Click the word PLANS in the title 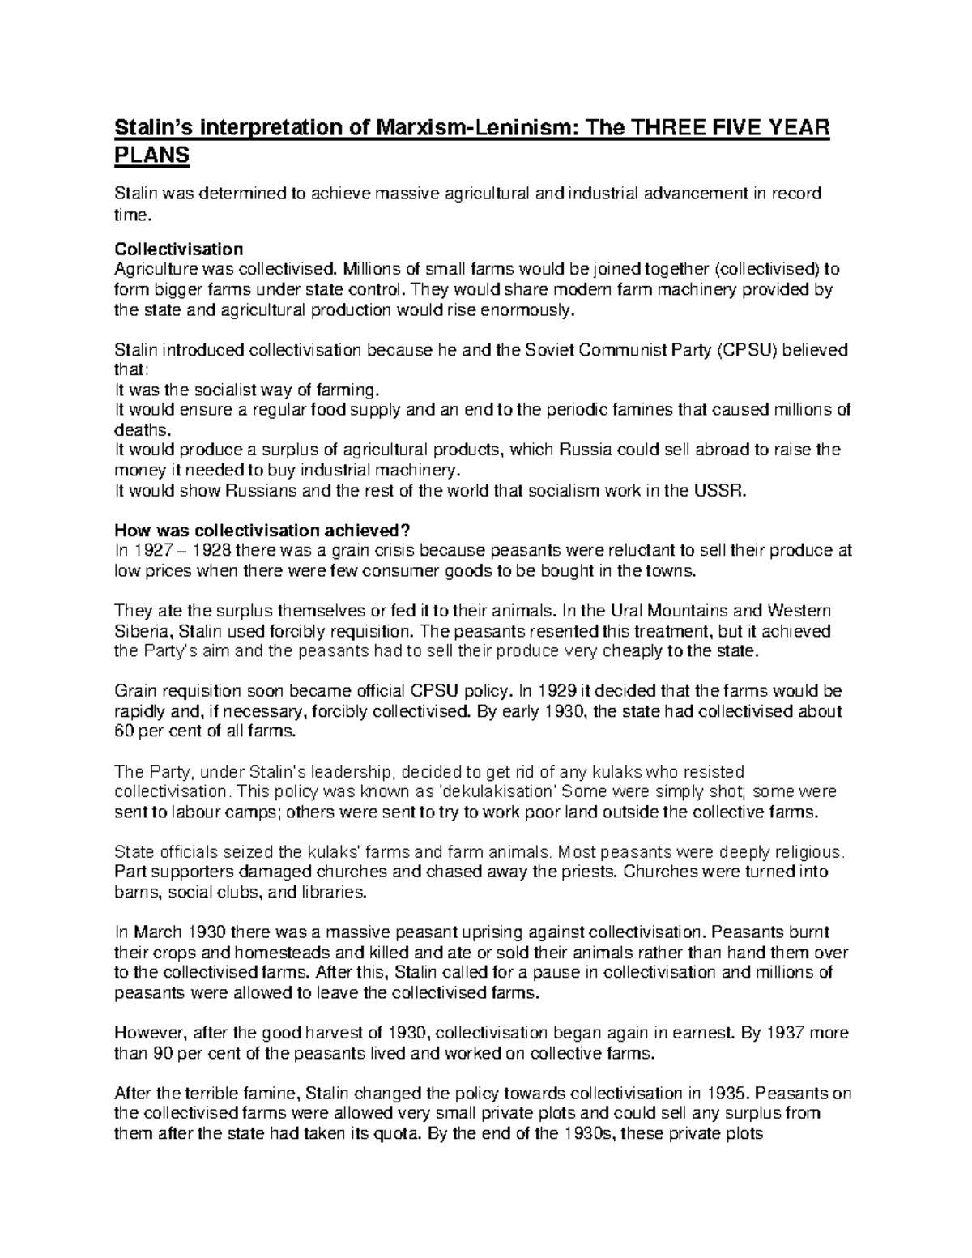point(151,155)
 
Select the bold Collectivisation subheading point(179,249)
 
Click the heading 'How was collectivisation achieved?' point(264,531)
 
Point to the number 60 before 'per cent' point(124,731)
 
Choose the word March point(156,932)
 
